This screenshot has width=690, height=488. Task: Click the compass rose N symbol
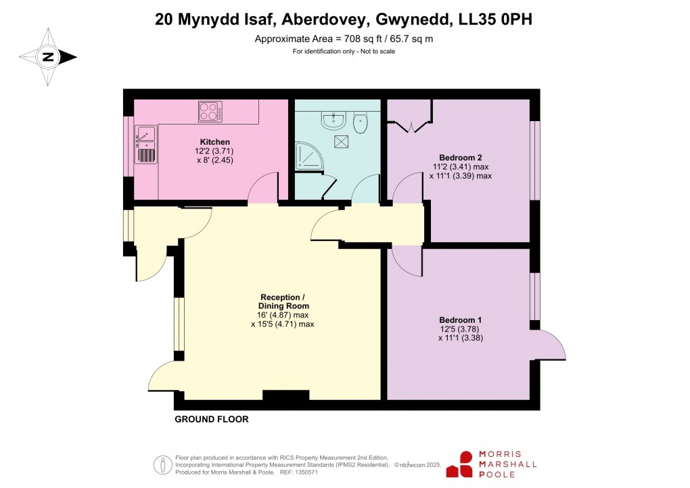pyautogui.click(x=48, y=58)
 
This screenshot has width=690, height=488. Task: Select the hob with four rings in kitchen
pyautogui.click(x=210, y=111)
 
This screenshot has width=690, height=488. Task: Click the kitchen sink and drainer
pyautogui.click(x=145, y=144)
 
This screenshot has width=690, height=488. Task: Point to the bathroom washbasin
pyautogui.click(x=332, y=120)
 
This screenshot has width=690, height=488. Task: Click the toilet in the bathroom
pyautogui.click(x=361, y=123)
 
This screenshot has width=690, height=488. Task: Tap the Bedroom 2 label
pyautogui.click(x=460, y=157)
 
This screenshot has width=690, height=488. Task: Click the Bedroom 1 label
pyautogui.click(x=460, y=319)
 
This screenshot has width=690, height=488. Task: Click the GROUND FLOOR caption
pyautogui.click(x=212, y=420)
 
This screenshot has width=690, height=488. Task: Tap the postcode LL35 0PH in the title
pyautogui.click(x=499, y=20)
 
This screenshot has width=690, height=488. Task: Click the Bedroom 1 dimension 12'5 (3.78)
pyautogui.click(x=460, y=329)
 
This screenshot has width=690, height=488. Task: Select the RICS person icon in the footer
pyautogui.click(x=162, y=464)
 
